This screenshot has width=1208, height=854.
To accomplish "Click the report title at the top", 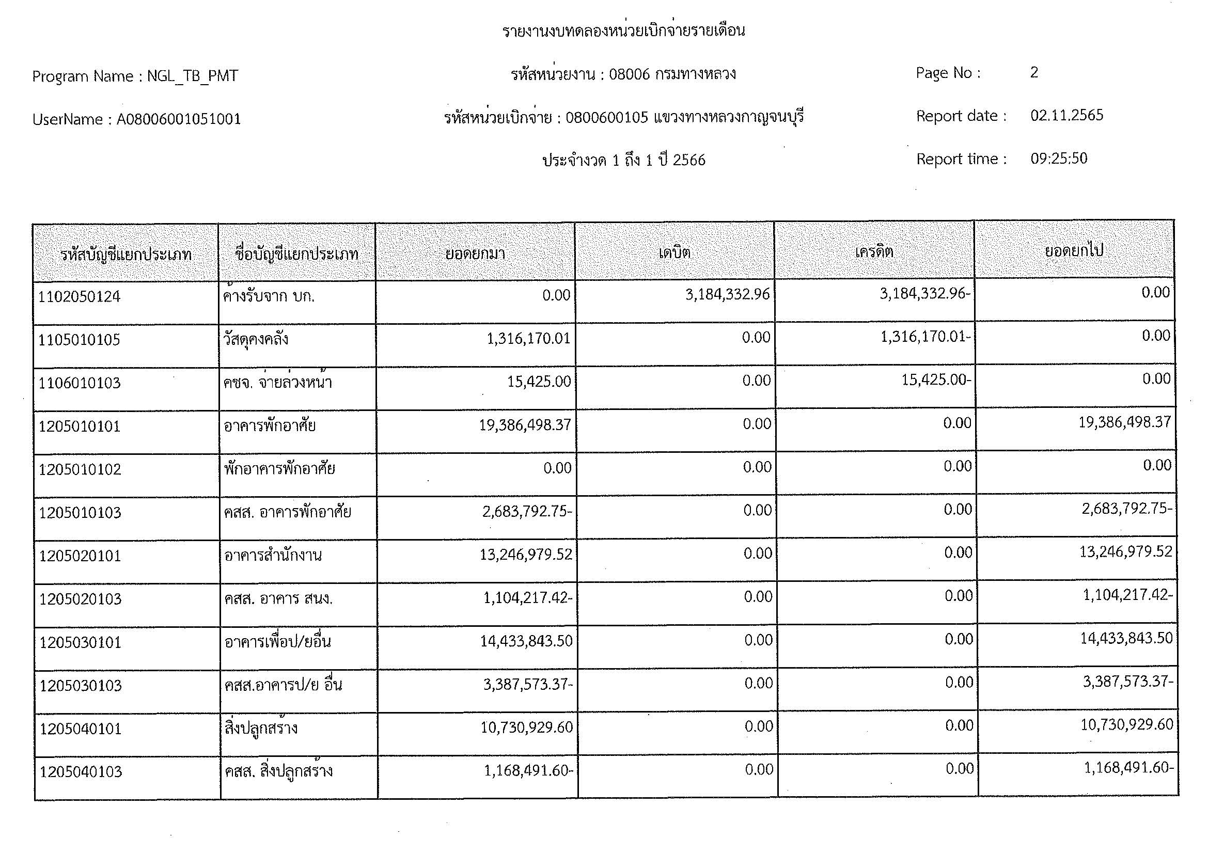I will [623, 30].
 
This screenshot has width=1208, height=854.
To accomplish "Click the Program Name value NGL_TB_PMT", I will [192, 77].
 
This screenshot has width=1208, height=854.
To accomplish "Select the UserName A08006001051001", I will [178, 119].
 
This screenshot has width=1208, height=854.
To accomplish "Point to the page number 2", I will [1034, 73].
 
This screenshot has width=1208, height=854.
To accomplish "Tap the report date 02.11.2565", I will [1066, 116].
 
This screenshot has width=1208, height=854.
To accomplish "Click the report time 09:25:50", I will [1059, 159].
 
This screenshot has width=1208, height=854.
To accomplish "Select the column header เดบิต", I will [674, 253].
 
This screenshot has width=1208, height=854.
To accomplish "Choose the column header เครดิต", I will [874, 252].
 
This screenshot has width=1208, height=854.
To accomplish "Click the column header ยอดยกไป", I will [1074, 251].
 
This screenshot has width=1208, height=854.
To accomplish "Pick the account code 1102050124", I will [80, 296].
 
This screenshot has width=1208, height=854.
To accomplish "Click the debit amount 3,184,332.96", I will [727, 294].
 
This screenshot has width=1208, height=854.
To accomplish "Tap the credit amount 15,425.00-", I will [936, 379].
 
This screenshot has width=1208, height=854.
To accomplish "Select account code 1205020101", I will [80, 556].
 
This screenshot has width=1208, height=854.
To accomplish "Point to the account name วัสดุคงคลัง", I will [256, 339].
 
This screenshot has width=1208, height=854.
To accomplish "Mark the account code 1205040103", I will [81, 772].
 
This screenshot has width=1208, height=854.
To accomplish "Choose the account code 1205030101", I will [81, 643].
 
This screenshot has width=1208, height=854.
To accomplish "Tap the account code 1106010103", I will [80, 383].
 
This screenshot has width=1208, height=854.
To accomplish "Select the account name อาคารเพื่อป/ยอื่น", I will [277, 642].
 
